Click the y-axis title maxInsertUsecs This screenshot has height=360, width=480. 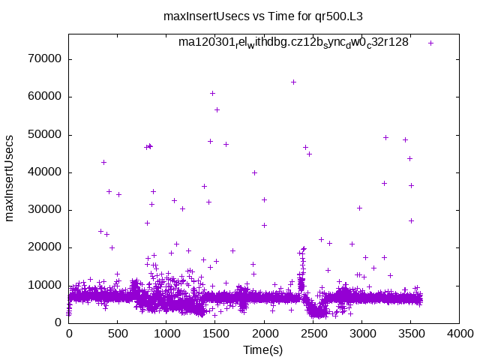pos(11,178)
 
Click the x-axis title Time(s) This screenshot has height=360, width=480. pos(263,349)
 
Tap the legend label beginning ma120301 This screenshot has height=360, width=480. pos(293,43)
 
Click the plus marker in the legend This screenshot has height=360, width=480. pos(430,43)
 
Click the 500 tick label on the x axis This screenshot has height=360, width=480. pos(118,334)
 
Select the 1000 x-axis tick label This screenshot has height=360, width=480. pos(166,334)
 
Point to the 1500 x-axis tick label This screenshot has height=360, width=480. pos(215,334)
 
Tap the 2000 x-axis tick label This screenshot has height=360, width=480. pos(264,334)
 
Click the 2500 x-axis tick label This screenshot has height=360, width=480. pos(313,334)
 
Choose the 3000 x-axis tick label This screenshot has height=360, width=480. pos(361,334)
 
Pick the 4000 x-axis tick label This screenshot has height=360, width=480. pos(459,334)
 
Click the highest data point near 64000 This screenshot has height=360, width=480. pos(293,82)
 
